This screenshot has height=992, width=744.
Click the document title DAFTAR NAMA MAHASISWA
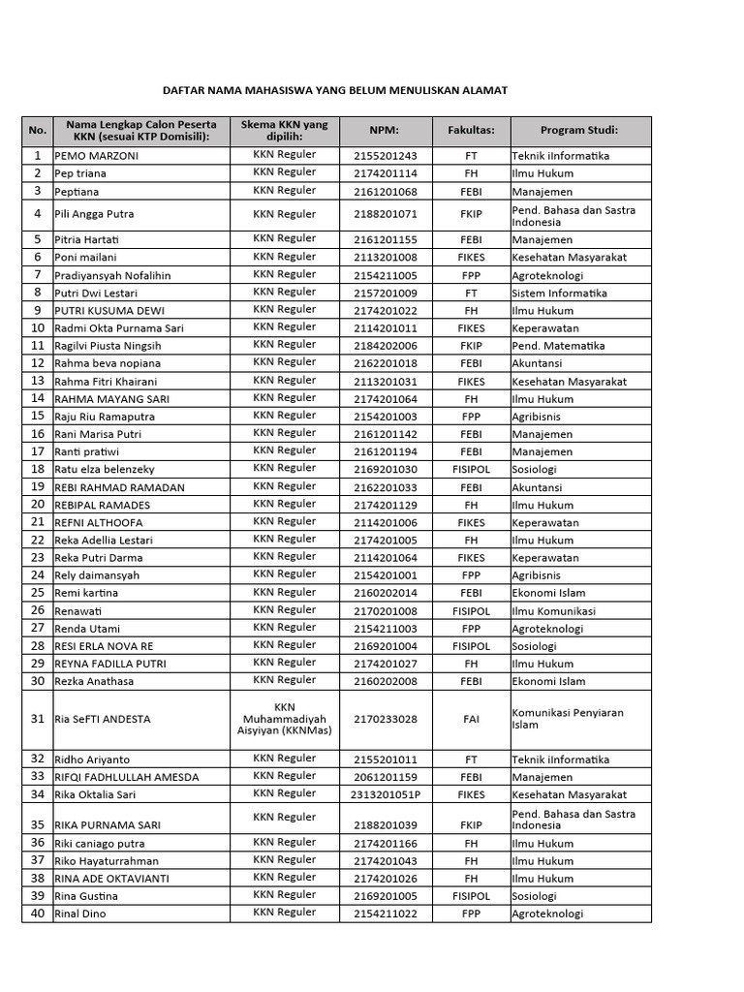point(333,90)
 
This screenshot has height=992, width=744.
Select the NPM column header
point(384,131)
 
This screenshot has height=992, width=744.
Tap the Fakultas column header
point(471,131)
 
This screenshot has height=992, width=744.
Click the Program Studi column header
point(579,131)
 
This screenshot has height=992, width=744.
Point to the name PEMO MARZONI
point(96,155)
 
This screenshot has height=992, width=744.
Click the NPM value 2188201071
point(385,214)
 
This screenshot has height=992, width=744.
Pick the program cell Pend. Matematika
point(558,346)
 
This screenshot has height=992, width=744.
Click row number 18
point(38,469)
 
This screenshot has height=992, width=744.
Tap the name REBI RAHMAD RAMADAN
point(119,487)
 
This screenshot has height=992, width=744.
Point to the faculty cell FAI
point(471,720)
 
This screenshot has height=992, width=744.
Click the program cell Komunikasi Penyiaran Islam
point(567,719)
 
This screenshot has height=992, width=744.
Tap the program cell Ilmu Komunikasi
point(553,611)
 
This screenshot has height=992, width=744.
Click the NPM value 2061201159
point(385,777)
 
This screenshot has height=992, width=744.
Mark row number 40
point(38,914)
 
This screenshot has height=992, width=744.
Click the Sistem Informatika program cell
point(559,293)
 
